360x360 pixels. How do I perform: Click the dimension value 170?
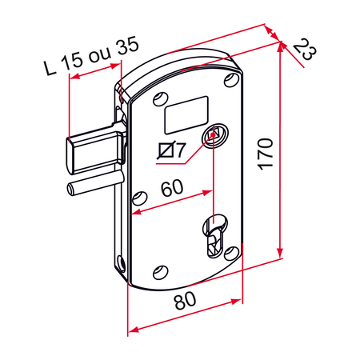[266, 152]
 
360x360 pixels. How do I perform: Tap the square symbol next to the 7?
[166, 149]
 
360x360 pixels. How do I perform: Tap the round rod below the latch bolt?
[88, 189]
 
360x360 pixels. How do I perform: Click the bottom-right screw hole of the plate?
[231, 252]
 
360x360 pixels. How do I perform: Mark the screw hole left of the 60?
[140, 197]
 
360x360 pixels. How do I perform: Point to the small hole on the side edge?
[120, 261]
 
